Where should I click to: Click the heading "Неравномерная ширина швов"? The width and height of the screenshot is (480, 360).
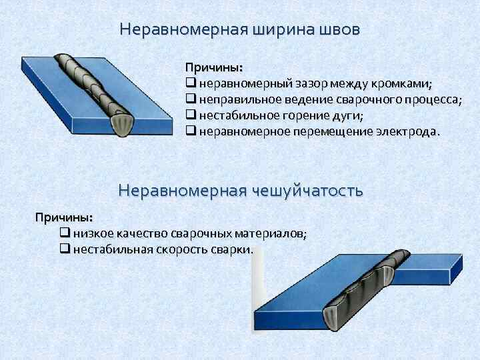click(240, 30)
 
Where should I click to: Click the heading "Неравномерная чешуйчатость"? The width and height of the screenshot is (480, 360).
click(240, 191)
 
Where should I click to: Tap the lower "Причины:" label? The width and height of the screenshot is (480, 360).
click(64, 218)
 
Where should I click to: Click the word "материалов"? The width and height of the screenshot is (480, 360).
click(269, 234)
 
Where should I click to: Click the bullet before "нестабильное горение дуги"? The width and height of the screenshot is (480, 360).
click(191, 115)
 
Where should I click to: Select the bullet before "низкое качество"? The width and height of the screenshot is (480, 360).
click(65, 234)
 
